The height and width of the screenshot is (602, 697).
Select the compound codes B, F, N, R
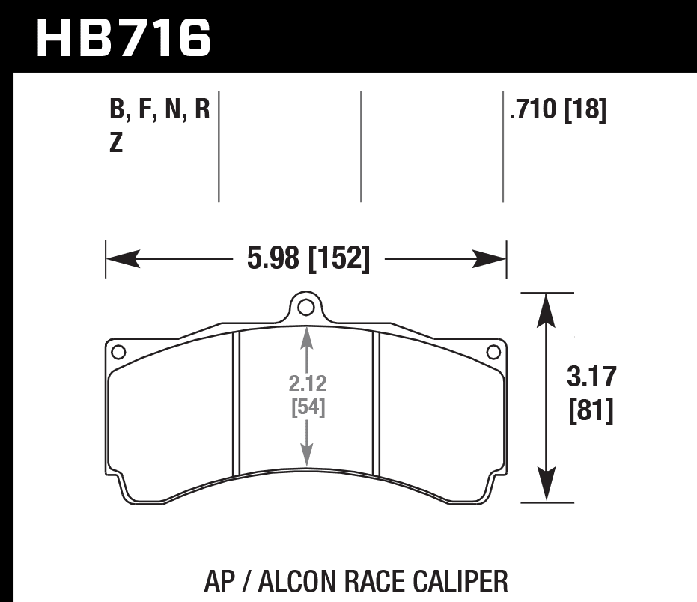pos(159,111)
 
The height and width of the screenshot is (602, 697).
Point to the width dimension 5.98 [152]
pos(308,259)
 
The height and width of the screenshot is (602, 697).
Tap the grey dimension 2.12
pos(307,383)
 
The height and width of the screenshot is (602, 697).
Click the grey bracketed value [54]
pos(307,408)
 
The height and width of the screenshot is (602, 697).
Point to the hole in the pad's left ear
pos(117,352)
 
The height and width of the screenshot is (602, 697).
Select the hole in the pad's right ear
pos(493,352)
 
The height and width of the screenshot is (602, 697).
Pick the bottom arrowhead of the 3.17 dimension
pos(547,486)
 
